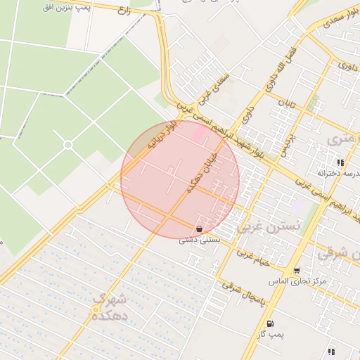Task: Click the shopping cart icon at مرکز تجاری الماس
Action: tap(297, 271)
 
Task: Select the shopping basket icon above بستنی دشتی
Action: tap(200, 229)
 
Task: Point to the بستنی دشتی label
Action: tap(200, 240)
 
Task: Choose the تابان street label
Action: tap(285, 107)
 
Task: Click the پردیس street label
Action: tap(286, 142)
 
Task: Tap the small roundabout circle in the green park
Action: tap(68, 145)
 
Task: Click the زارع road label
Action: tap(124, 11)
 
